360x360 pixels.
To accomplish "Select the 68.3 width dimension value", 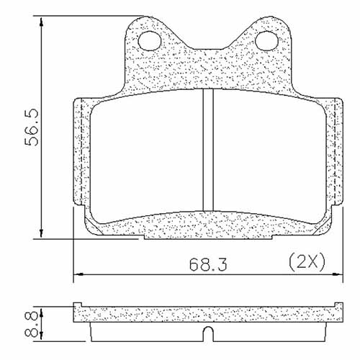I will [x=204, y=265].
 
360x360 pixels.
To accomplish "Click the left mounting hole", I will [x=150, y=40].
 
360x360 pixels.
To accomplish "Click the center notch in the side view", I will [x=207, y=333].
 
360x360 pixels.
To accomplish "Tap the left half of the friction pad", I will [x=148, y=155].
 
